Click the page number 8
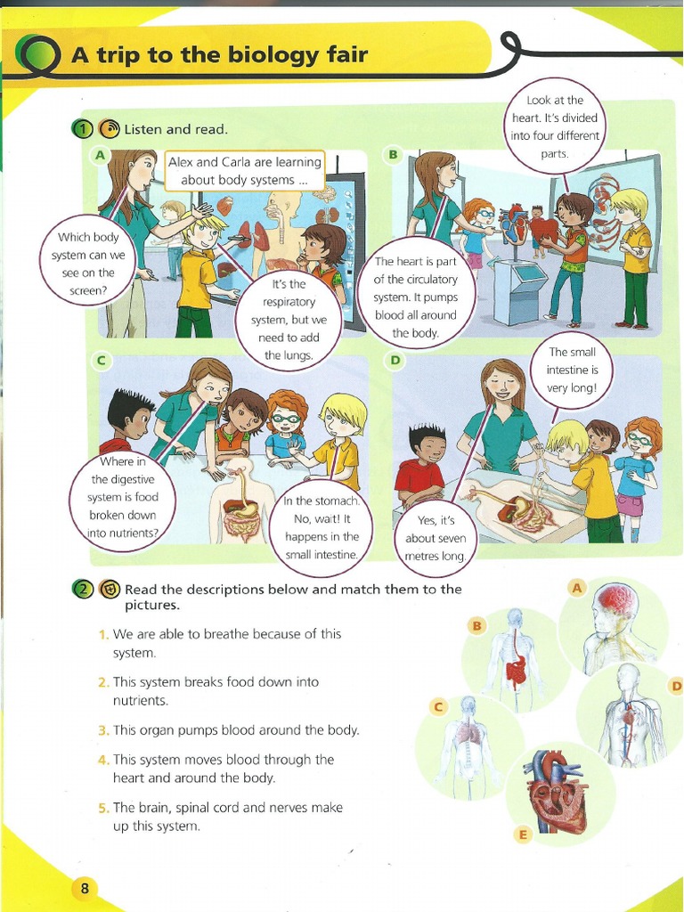click(84, 888)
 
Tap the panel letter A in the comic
click(100, 155)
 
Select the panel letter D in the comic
click(396, 360)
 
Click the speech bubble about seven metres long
click(436, 538)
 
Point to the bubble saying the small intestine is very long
click(572, 370)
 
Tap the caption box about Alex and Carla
click(245, 170)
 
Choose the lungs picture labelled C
click(468, 745)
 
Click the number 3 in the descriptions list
click(103, 730)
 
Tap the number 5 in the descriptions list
click(103, 808)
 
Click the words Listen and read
click(176, 129)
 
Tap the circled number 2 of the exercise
click(82, 589)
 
